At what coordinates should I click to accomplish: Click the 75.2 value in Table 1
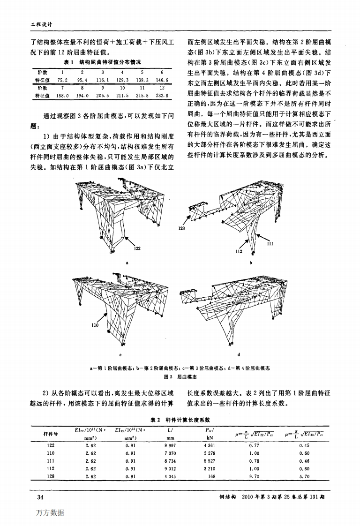point(62,81)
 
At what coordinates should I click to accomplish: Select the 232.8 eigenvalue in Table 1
point(161,95)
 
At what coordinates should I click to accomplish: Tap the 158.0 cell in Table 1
point(62,95)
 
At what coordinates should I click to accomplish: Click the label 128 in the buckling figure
point(181,229)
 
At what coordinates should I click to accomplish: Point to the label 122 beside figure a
point(137,248)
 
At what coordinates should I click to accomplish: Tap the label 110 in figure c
point(95,324)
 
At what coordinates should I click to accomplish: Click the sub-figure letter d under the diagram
point(239,355)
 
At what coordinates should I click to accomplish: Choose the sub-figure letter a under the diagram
point(127,263)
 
